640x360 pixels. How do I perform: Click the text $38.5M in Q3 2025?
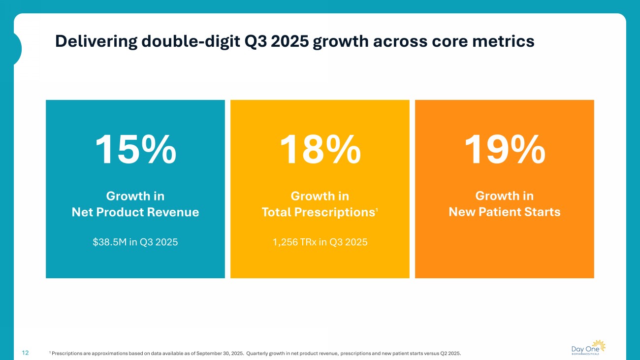coord(135,242)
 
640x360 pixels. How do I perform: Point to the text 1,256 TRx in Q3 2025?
coord(320,242)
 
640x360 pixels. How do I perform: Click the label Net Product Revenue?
coord(135,212)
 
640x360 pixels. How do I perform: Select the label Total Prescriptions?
coord(318,212)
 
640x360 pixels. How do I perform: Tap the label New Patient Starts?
coord(505,212)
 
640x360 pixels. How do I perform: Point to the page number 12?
coord(25,353)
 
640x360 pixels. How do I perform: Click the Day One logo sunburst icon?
coord(598,345)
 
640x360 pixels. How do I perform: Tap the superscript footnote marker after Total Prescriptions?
coord(377,210)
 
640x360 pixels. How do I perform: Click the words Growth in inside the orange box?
coord(505,196)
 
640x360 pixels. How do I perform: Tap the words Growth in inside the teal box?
coord(135,196)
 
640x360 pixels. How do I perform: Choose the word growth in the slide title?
coord(340,41)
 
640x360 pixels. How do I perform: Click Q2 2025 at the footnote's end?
coord(451,353)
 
